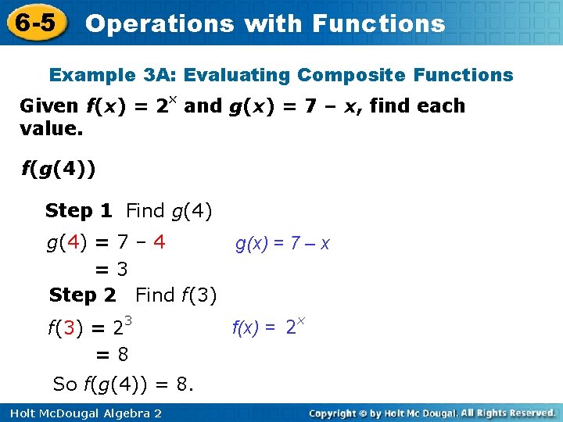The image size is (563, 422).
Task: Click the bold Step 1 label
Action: tap(78, 210)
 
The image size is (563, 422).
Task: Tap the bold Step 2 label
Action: tap(82, 295)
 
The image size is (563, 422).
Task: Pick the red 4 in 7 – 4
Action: tap(159, 241)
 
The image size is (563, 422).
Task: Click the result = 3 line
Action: tap(112, 269)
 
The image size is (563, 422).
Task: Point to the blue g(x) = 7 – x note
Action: tap(282, 244)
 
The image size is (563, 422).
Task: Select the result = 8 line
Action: tap(112, 355)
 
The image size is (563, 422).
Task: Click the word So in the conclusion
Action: tap(64, 384)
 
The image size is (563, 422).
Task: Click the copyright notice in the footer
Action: tap(432, 413)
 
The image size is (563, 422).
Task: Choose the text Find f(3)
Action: tap(176, 295)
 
